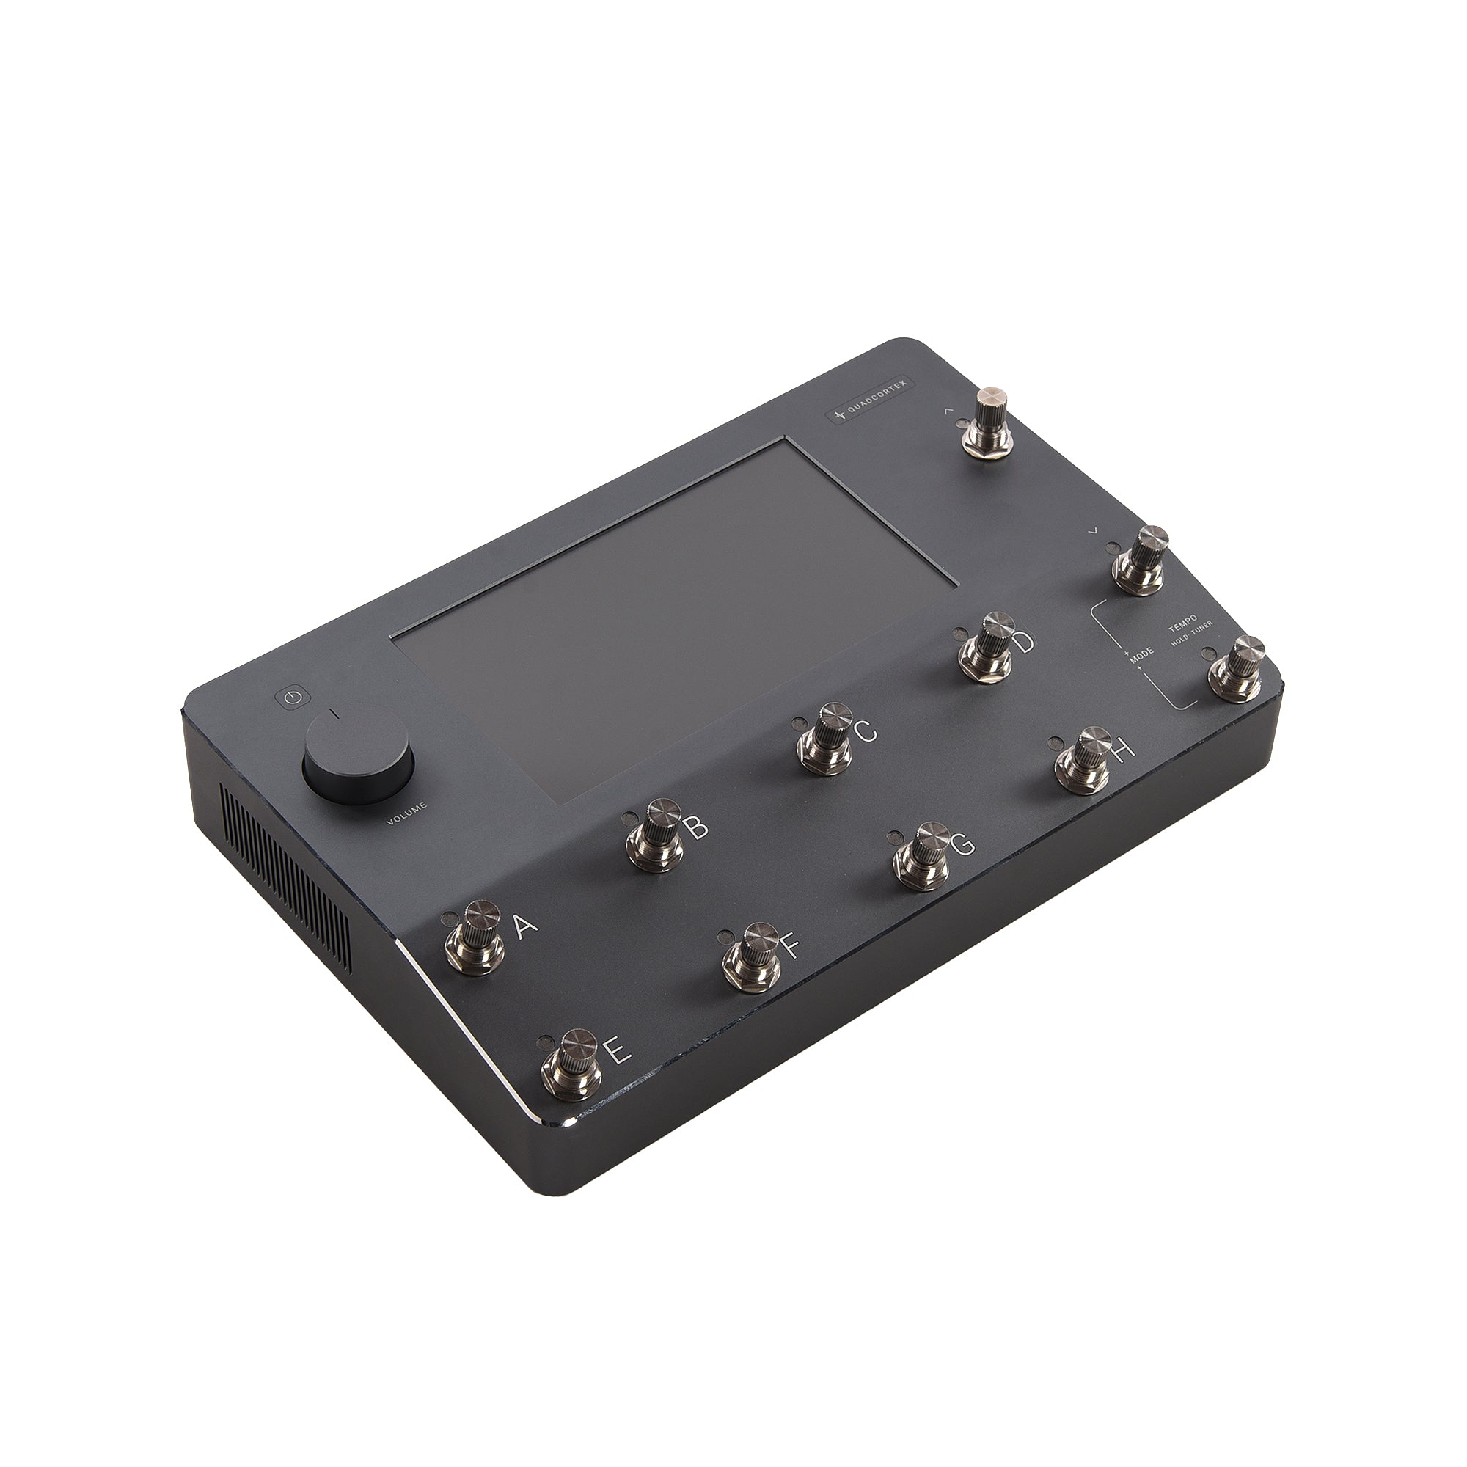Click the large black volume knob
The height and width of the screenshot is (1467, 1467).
[358, 761]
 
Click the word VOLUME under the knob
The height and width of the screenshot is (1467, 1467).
[407, 813]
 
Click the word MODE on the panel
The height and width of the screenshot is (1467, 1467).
[1141, 655]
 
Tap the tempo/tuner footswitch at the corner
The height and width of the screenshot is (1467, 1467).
[1237, 669]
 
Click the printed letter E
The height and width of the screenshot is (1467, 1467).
[617, 1051]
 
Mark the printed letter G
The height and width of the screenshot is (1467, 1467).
[962, 844]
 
